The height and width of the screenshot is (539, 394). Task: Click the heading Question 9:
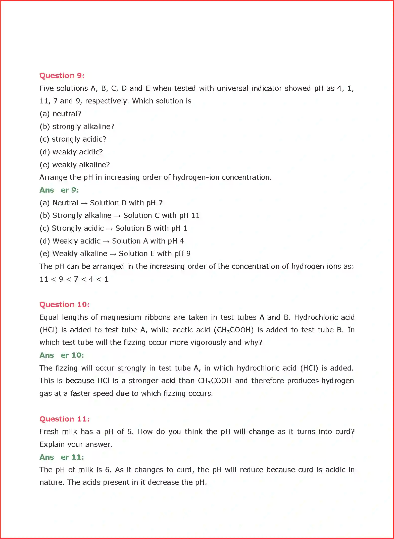coord(62,76)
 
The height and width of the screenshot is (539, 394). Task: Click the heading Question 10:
coord(64,305)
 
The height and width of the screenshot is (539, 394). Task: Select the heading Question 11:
coord(64,419)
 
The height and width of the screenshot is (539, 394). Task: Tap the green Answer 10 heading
coord(62,355)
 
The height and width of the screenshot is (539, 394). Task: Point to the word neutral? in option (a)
coord(67,114)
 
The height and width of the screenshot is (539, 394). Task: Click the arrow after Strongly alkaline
coord(117,216)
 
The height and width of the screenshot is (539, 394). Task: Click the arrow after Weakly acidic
coord(106,242)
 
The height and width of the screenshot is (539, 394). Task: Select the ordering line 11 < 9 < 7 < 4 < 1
coord(74,279)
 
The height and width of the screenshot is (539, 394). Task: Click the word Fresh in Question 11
coord(49,432)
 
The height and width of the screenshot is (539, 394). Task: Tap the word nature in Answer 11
coord(51,483)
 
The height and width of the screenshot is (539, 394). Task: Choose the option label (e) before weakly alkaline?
coord(44,165)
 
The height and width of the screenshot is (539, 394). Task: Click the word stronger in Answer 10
coord(143,381)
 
